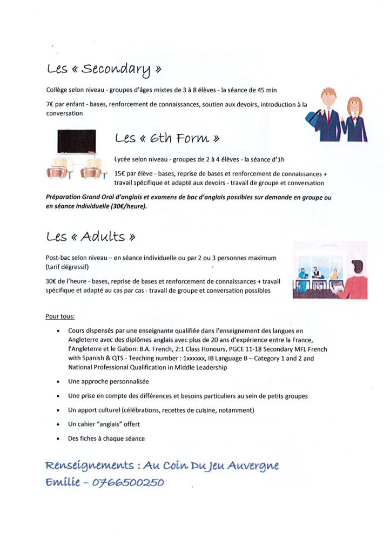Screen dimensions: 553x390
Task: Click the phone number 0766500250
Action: tap(129, 482)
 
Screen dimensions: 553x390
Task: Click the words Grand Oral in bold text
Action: tap(99, 198)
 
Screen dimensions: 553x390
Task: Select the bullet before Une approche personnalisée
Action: tap(58, 382)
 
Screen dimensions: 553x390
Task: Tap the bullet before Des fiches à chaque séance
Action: tap(58, 439)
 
